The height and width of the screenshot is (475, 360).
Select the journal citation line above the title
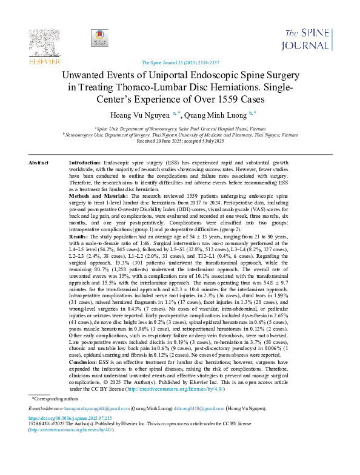179,62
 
